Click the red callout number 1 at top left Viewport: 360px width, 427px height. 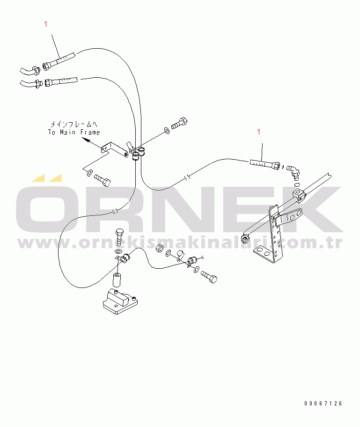[x=45, y=24]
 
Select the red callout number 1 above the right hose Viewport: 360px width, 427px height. [x=258, y=133]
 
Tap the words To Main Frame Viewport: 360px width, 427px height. [x=74, y=133]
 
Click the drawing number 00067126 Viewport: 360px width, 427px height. [x=323, y=403]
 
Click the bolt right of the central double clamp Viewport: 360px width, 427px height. [x=180, y=124]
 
